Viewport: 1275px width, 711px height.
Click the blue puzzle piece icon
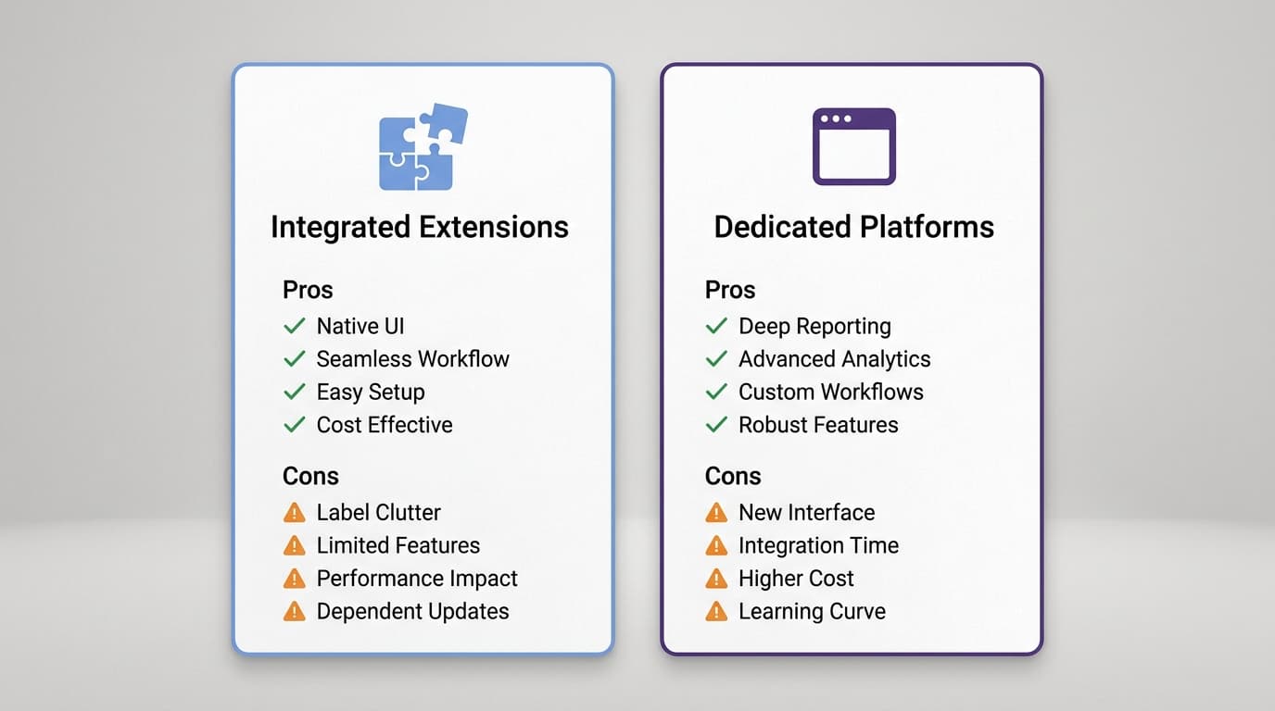coord(422,148)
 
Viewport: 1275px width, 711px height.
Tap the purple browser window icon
coord(853,146)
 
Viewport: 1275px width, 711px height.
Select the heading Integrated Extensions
coord(420,227)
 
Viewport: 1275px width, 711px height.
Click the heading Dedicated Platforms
coord(853,227)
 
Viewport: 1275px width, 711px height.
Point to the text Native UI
coord(360,326)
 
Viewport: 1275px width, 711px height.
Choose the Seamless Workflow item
coord(412,359)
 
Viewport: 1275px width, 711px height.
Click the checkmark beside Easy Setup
coord(295,392)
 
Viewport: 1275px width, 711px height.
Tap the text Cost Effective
coord(385,425)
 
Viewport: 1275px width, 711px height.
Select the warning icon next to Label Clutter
coord(295,512)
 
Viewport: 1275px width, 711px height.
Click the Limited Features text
coord(398,545)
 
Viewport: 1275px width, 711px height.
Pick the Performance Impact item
coord(417,579)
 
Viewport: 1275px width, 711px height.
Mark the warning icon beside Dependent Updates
coord(295,611)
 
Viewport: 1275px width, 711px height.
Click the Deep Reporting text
coord(814,326)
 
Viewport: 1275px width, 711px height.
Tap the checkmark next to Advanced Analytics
coord(716,359)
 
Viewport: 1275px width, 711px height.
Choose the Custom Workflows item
coord(830,392)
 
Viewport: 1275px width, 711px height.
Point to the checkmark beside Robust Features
coord(716,425)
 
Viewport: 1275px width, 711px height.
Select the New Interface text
coord(806,512)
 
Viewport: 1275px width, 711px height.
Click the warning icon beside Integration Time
coord(716,545)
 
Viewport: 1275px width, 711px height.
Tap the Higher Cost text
coord(796,579)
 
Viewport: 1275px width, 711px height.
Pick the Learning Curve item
coord(812,611)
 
